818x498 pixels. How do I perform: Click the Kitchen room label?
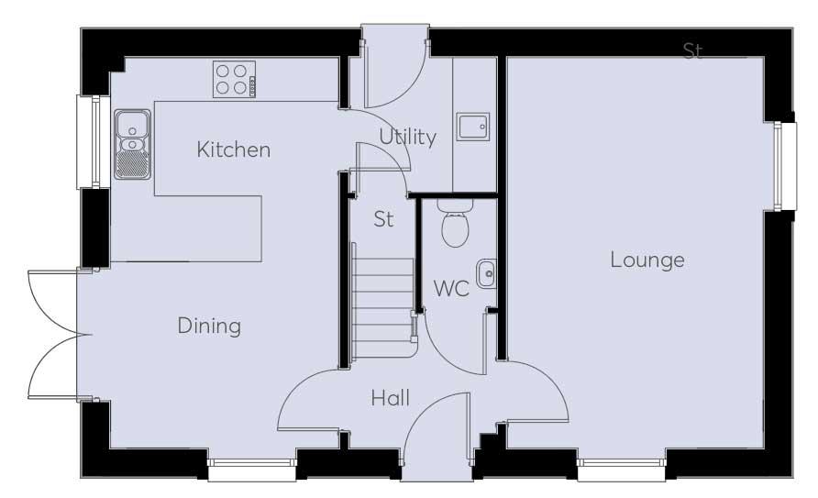click(234, 149)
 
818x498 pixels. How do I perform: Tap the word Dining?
click(209, 326)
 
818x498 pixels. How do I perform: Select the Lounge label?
click(647, 260)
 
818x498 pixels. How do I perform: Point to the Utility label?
click(407, 137)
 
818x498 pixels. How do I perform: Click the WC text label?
click(451, 288)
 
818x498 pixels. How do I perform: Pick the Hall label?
click(391, 398)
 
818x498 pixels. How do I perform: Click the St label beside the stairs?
click(383, 219)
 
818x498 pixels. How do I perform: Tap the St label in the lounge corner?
click(692, 50)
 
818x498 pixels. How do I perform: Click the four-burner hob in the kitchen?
click(234, 79)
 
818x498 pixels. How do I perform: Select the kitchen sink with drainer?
click(132, 144)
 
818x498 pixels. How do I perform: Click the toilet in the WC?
click(456, 223)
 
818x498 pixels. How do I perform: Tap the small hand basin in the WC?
click(486, 273)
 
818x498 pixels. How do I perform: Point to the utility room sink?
click(473, 127)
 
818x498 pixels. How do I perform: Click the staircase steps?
click(384, 301)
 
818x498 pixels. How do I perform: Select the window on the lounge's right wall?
click(785, 166)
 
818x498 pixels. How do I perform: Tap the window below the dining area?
click(252, 470)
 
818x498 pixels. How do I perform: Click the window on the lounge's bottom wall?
click(622, 470)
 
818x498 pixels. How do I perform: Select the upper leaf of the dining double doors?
click(58, 302)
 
